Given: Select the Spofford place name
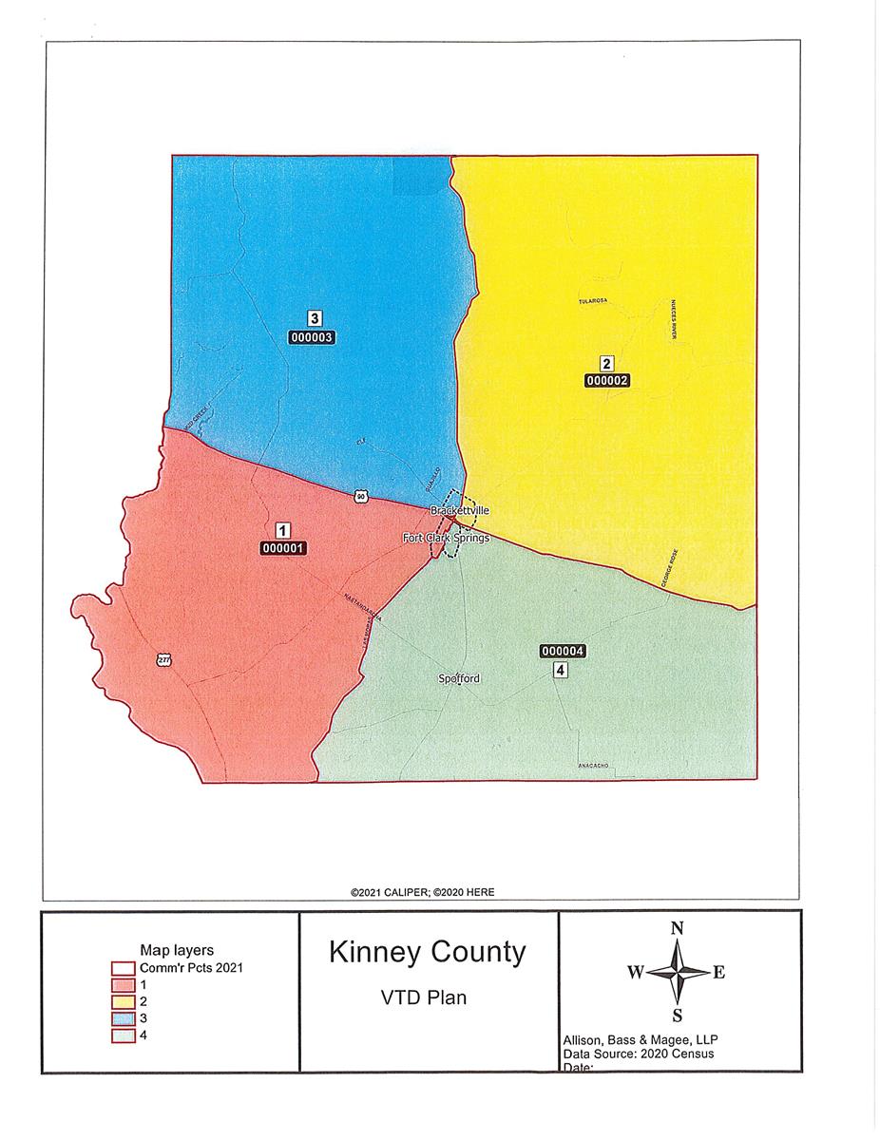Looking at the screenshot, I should [x=459, y=678].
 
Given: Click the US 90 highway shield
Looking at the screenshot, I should [x=359, y=495].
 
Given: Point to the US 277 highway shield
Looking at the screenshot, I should [x=164, y=658].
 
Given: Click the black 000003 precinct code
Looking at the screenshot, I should [x=313, y=336].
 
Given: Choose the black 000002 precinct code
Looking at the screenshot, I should [x=607, y=379].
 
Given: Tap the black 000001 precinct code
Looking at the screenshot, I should [x=283, y=547].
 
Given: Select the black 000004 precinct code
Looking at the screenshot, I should [x=562, y=651].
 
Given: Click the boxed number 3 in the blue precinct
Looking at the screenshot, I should [x=313, y=318].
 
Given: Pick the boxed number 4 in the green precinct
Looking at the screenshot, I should [x=561, y=670].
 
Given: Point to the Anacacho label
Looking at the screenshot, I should [x=592, y=765].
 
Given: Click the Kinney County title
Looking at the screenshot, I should [x=427, y=952].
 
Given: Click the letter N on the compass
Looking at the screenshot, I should [x=678, y=929].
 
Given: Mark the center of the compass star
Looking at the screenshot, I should [x=678, y=972].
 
